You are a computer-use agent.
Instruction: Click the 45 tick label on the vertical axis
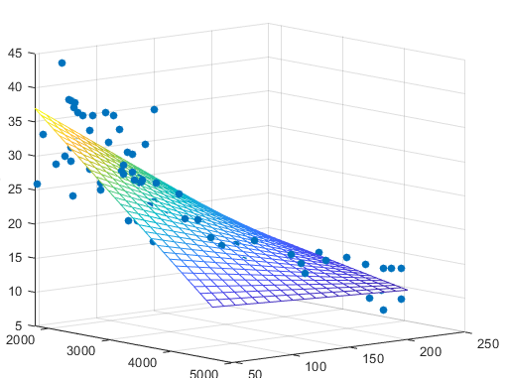tap(15, 54)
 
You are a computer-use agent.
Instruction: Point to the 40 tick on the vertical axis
tap(15, 87)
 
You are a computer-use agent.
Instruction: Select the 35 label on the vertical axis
tap(15, 121)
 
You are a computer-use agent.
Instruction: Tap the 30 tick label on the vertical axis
tap(15, 156)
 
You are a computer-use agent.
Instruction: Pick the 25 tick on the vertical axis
tap(15, 189)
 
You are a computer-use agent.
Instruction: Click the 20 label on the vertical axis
tap(15, 223)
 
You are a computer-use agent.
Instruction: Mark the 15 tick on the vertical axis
tap(15, 258)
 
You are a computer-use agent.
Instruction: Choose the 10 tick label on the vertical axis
tap(15, 292)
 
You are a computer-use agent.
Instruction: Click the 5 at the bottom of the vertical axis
tap(19, 325)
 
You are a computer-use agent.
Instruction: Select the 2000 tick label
tap(19, 339)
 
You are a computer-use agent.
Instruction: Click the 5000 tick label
tap(205, 374)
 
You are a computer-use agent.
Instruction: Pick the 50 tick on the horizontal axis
tap(256, 372)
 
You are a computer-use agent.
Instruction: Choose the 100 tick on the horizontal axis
tap(317, 366)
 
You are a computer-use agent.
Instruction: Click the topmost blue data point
tap(62, 63)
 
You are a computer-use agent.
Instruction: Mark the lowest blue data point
tap(383, 311)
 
